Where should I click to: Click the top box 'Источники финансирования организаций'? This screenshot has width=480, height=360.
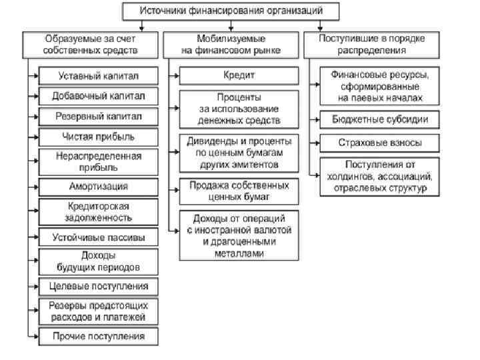coord(231,11)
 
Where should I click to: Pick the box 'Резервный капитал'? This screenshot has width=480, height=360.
coord(99,116)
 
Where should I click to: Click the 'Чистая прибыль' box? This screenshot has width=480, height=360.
coord(99,137)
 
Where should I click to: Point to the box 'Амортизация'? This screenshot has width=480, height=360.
coord(99,186)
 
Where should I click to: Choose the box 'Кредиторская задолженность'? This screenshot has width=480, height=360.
coord(99,212)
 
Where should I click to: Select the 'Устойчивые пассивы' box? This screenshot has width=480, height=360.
coord(99,237)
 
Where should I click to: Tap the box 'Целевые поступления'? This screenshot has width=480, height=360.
coord(99,287)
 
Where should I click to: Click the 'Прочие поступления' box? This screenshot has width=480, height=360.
coord(99,336)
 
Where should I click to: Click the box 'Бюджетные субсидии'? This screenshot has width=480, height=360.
coord(379,120)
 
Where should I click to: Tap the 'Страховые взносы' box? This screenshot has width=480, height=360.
coord(379,143)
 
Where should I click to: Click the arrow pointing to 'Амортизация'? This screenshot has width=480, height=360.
coord(33,186)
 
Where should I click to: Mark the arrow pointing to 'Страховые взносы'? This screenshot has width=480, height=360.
coord(314,143)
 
